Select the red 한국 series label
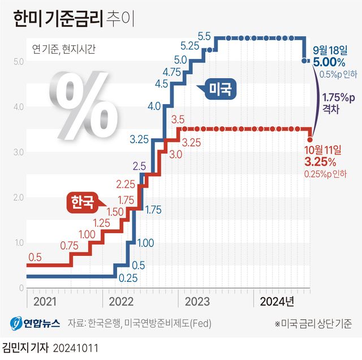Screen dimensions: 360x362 tap(81, 202)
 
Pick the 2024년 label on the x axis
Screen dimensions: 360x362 tap(277, 301)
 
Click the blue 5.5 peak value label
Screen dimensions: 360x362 tap(204, 36)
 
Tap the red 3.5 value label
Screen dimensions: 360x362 tap(178, 119)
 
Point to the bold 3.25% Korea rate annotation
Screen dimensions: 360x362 tap(321, 162)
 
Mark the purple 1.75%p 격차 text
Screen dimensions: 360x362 tap(338, 102)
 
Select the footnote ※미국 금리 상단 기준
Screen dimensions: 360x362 tap(313, 324)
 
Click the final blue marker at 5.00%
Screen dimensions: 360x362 tap(306, 60)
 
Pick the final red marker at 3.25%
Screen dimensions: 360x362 tap(310, 139)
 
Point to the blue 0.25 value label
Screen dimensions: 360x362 tap(128, 278)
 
